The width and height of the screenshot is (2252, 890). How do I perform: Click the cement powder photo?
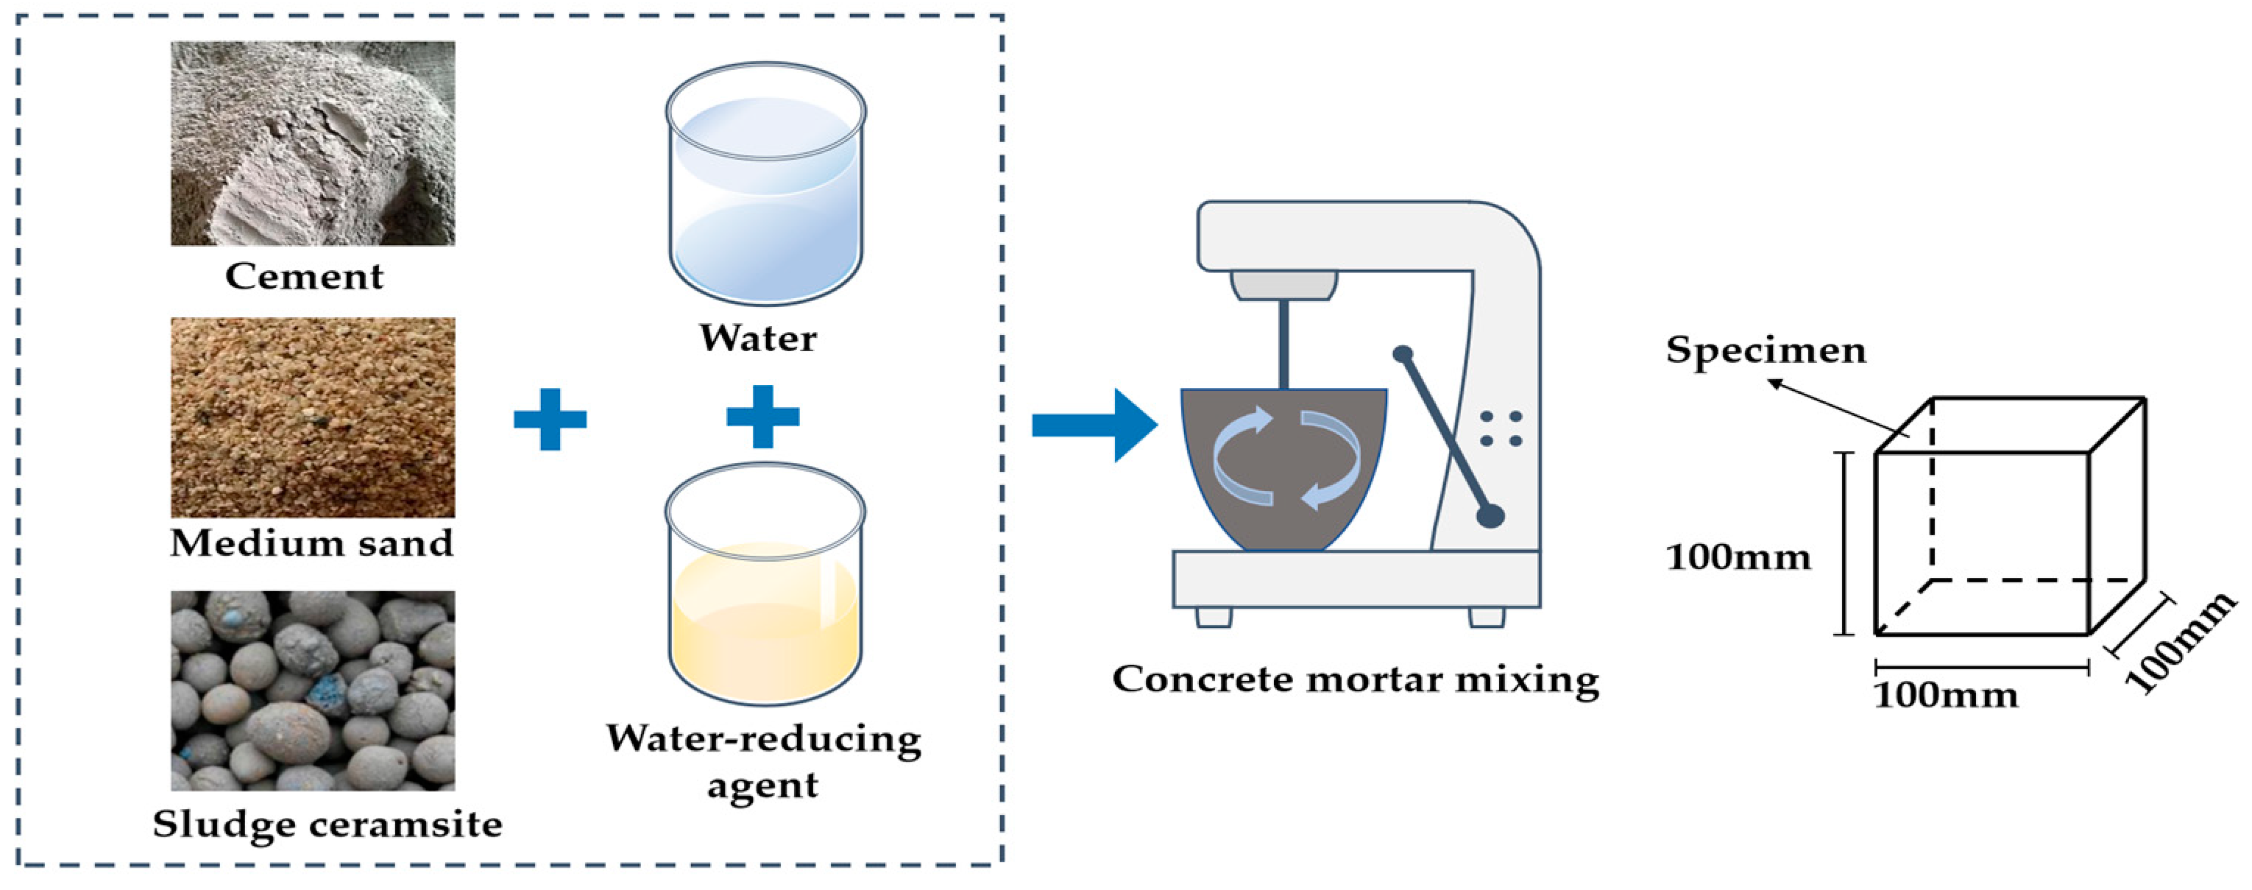pos(312,144)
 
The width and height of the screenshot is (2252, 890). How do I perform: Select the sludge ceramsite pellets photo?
pos(312,690)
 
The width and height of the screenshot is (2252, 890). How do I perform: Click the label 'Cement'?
pos(303,276)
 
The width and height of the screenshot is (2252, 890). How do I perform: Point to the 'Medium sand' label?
pos(311,543)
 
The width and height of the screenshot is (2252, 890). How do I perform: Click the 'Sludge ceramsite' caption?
pos(327,824)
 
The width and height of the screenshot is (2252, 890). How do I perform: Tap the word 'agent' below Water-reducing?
pos(762,784)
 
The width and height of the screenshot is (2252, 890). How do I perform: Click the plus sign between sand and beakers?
pos(550,420)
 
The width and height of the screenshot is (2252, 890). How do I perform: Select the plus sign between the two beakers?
pos(762,417)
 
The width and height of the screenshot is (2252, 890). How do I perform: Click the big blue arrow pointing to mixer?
pos(1093,425)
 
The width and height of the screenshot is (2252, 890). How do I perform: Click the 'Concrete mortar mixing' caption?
pos(1355,679)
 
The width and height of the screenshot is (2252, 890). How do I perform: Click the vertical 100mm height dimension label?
pos(1738,557)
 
